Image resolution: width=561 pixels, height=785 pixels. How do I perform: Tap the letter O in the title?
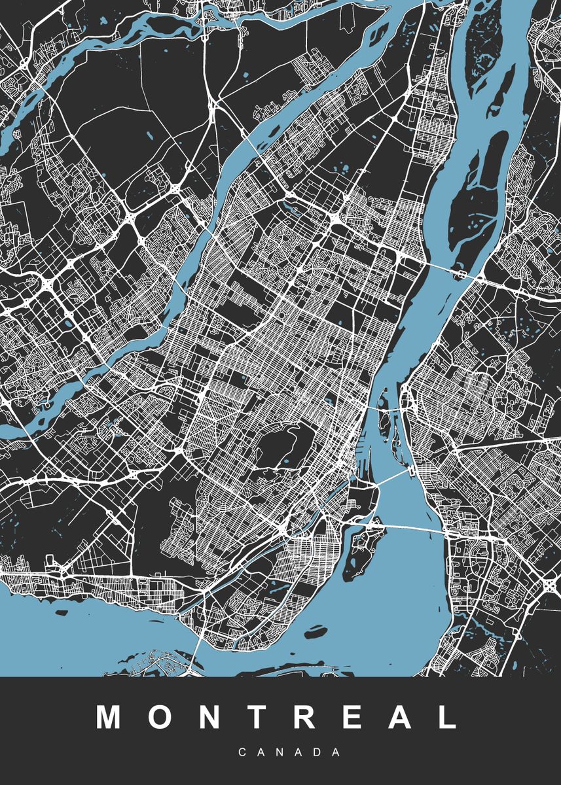point(161,718)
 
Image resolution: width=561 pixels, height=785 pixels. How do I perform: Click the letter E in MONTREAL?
point(352,718)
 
